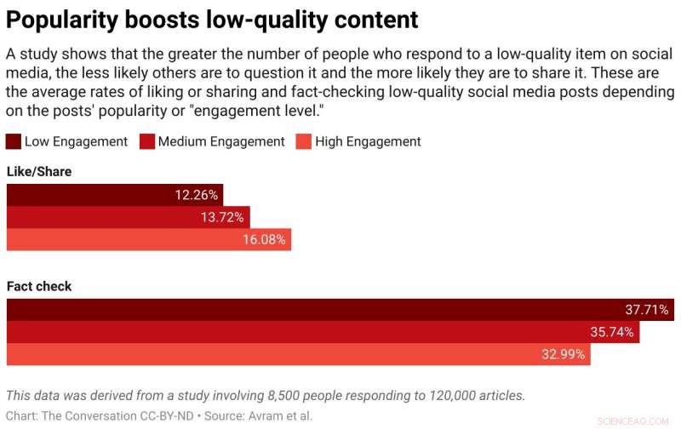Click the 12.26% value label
coord(197,195)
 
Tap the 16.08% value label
coord(265,240)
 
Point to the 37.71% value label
coord(647,310)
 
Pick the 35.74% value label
coord(612,332)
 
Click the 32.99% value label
coord(563,354)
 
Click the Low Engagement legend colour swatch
coord(14,141)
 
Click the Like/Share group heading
coord(39,172)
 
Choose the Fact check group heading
coord(39,287)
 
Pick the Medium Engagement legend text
coord(221,141)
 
